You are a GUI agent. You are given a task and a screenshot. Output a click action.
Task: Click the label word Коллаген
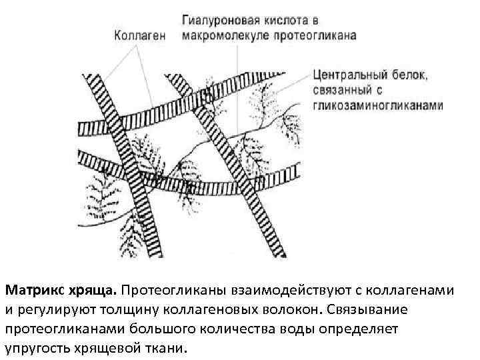[x=139, y=35]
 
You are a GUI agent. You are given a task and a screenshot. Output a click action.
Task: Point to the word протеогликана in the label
[x=315, y=35]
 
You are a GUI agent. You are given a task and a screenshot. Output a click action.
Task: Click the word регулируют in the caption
[x=52, y=310]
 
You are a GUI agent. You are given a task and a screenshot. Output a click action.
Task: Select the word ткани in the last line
[x=169, y=349]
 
